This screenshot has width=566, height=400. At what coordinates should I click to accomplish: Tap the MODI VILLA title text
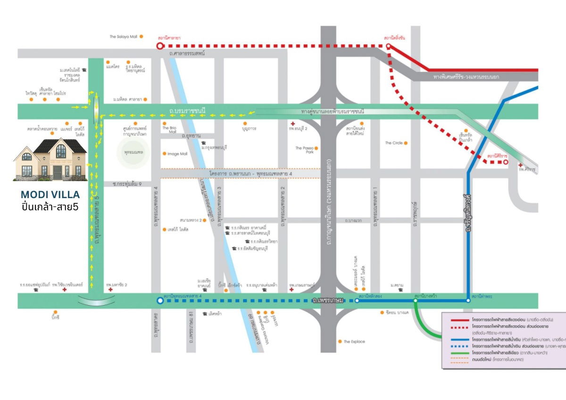[50, 194]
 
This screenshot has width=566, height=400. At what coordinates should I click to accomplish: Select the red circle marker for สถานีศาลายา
[160, 46]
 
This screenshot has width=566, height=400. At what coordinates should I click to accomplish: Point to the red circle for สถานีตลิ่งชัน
[388, 46]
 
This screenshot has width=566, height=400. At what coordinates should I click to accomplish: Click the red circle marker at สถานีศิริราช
[506, 162]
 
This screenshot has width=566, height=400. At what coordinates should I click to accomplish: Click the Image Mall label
[177, 154]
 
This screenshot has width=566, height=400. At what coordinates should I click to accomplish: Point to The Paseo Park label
[304, 150]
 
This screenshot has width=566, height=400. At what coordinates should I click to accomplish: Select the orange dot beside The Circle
[406, 143]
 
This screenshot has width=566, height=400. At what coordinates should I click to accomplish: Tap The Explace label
[354, 342]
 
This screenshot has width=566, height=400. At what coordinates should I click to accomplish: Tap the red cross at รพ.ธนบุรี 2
[293, 124]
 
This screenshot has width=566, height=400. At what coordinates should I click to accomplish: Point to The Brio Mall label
[169, 130]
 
